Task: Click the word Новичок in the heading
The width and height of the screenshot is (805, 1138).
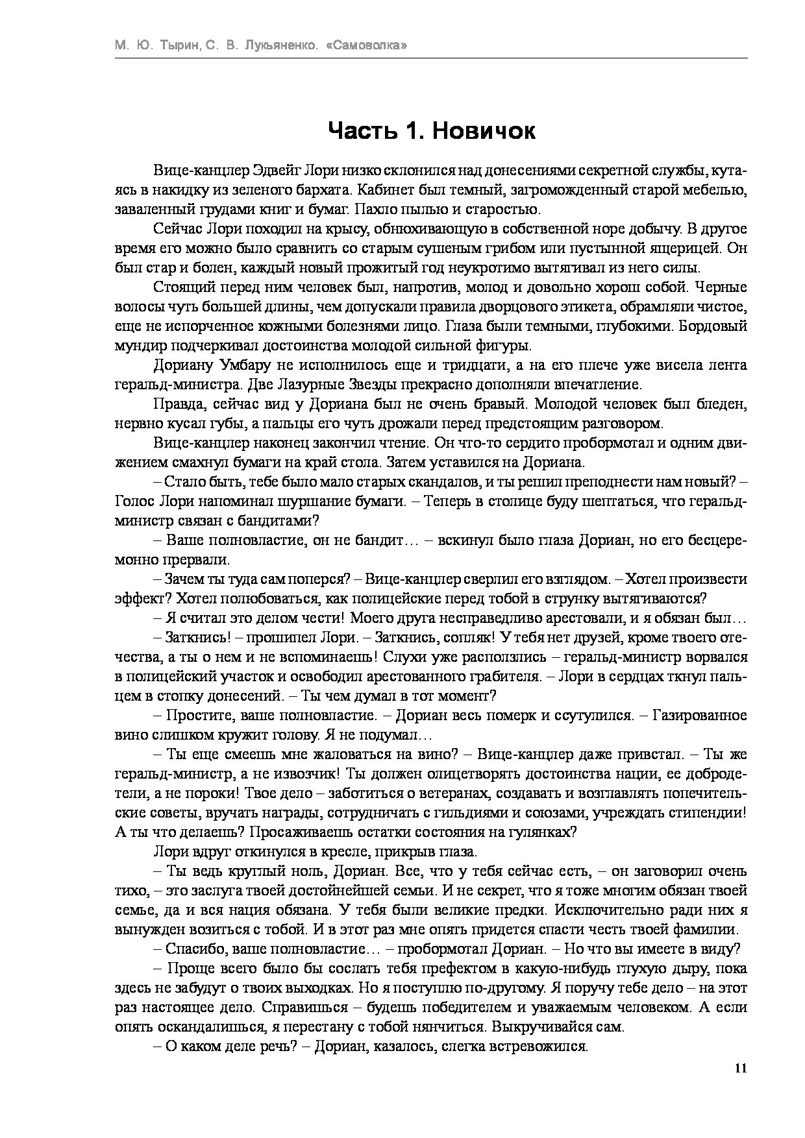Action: [484, 131]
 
